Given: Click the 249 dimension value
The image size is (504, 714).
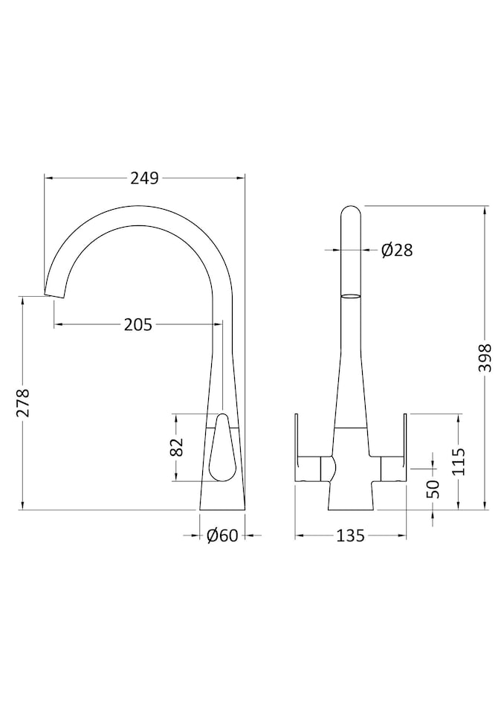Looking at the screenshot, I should point(145,178).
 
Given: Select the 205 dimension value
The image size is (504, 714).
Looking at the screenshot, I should point(138,324).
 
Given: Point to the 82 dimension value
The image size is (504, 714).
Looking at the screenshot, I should point(176,447).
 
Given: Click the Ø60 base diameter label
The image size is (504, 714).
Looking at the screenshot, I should point(222,535).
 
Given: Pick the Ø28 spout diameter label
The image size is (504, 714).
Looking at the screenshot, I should point(397,251).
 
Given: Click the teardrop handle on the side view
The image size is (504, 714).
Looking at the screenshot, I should point(222,448).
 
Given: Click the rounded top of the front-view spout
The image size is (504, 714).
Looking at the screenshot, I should point(352,213).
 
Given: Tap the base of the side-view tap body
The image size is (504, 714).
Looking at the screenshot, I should point(222,507).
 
